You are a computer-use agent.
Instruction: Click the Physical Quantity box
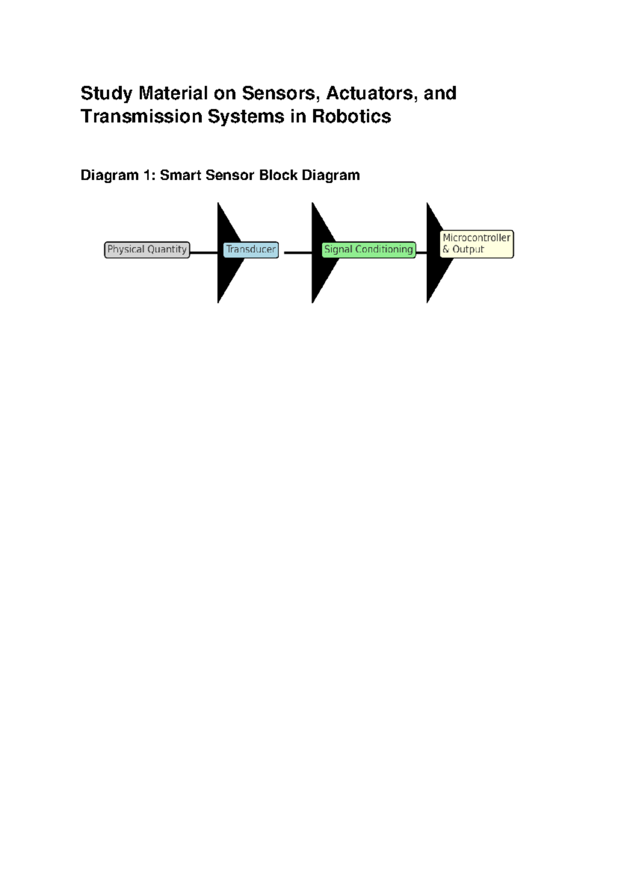coord(147,250)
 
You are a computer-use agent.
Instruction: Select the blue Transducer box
coord(251,250)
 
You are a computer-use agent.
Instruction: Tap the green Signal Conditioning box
coord(368,250)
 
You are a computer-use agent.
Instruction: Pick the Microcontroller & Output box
coord(476,244)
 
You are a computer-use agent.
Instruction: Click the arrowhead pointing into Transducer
coord(231,253)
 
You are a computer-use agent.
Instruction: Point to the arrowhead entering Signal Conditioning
coord(325,253)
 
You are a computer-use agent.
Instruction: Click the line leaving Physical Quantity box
coord(203,253)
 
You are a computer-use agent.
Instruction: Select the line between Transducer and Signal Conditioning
coord(298,253)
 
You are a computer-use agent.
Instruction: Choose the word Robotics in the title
coord(351,116)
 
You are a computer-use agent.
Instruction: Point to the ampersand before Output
coord(445,249)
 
